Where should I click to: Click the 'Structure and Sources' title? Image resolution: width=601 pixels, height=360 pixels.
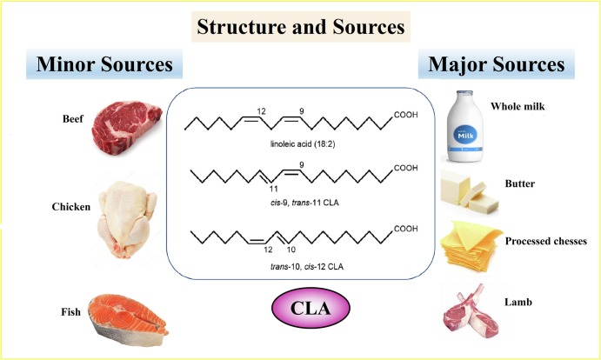[300, 27]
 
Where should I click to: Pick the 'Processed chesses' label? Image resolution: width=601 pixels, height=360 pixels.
[547, 239]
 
